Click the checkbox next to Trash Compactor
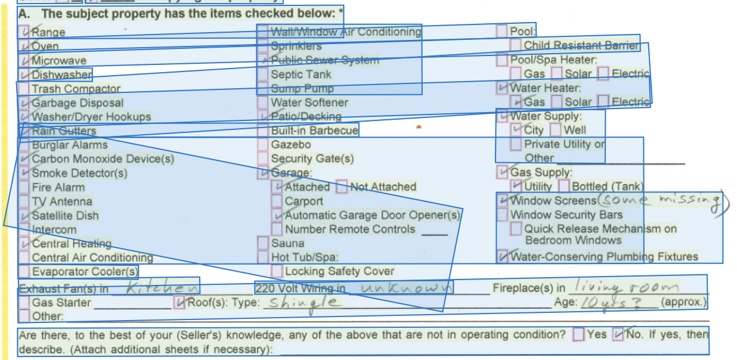coord(23,89)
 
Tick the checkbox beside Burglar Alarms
coord(23,145)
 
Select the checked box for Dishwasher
coord(24,75)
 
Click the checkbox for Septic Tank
coord(262,75)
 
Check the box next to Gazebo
coord(262,145)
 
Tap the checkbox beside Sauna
coord(263,243)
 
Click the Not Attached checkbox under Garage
coord(342,187)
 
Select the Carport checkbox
coord(277,201)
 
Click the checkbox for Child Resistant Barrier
coord(516,45)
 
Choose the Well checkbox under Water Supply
coord(555,130)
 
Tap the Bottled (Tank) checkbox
coord(563,187)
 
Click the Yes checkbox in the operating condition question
coord(578,334)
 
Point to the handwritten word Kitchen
coord(154,288)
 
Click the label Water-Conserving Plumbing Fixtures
coord(604,257)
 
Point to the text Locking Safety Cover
coord(339,271)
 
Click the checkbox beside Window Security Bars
coord(501,215)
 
